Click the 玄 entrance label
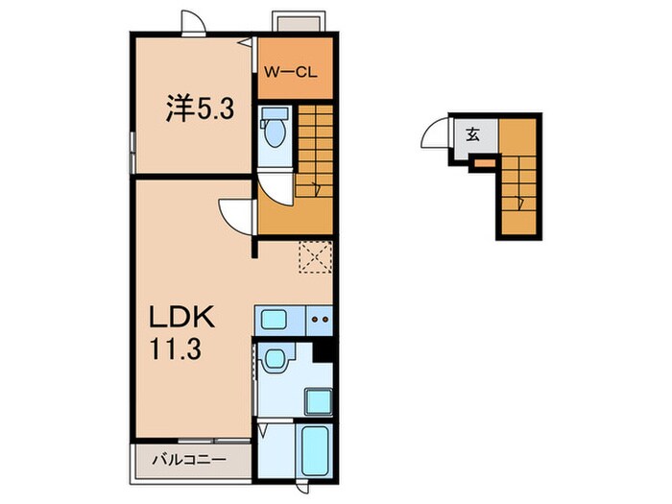[x=473, y=134]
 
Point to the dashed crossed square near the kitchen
[x=314, y=257]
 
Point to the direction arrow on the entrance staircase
[x=518, y=201]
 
